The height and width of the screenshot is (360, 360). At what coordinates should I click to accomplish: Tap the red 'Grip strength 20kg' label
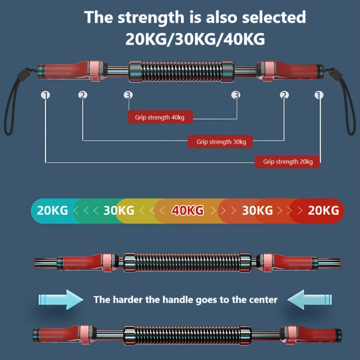pos(287,162)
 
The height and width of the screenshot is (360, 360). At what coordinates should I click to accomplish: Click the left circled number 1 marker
pos(45,95)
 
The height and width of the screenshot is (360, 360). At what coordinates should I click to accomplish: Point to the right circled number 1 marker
pos(319,95)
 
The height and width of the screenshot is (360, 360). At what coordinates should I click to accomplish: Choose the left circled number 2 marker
pos(82,95)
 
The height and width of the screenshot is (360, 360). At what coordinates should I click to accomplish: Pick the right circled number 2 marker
pos(284,95)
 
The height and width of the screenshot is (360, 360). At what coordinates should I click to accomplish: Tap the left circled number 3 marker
pos(129,95)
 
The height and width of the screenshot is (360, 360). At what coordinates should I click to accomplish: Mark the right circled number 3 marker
pos(236,95)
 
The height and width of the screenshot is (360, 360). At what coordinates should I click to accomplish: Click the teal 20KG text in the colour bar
pos(52,210)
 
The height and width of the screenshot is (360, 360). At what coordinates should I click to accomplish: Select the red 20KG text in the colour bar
pos(323,210)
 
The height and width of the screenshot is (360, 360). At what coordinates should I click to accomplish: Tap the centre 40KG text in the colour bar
pos(187,210)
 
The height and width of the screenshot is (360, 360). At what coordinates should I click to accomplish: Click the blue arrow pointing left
pos(310,299)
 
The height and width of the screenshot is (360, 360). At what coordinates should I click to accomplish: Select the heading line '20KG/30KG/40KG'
pos(195,39)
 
